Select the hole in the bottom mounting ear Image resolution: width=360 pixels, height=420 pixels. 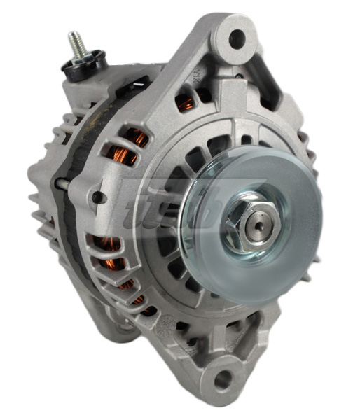pos(223,380)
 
